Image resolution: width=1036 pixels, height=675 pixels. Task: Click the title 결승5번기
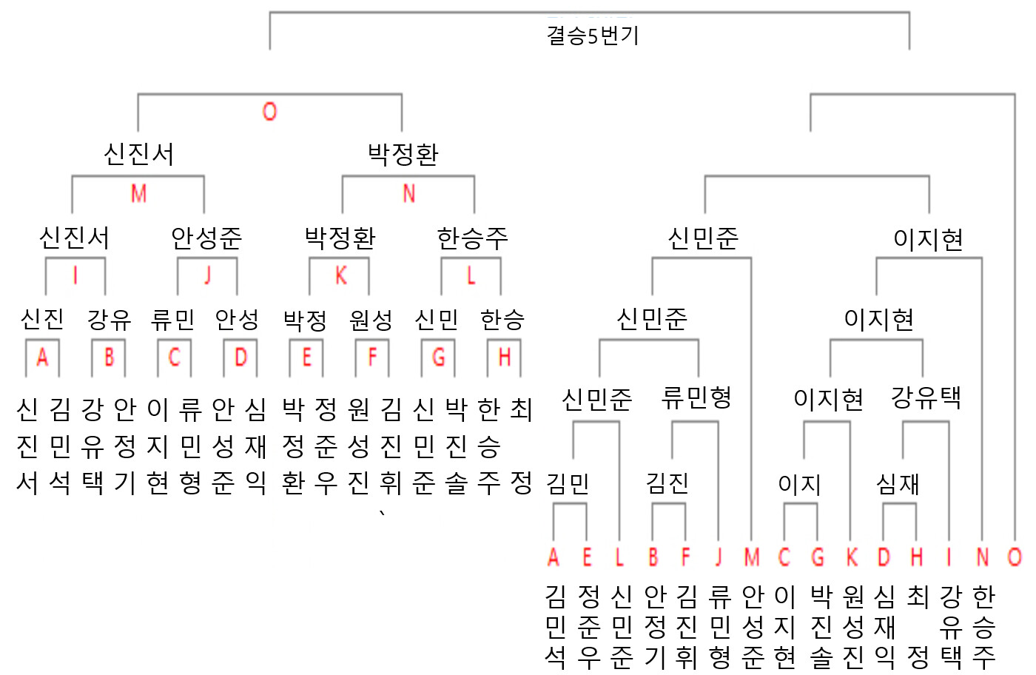pyautogui.click(x=593, y=36)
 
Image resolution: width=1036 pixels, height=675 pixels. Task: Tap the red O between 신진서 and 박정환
pyautogui.click(x=269, y=112)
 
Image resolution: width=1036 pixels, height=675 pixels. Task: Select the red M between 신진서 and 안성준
pyautogui.click(x=139, y=193)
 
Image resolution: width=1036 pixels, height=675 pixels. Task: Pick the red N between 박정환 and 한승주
pyautogui.click(x=408, y=193)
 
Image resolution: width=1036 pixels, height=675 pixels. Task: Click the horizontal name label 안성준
pyautogui.click(x=206, y=238)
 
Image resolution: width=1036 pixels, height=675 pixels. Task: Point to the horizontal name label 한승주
pyautogui.click(x=473, y=238)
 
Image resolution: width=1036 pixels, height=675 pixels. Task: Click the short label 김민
pyautogui.click(x=568, y=484)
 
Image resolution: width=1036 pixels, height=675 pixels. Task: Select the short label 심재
pyautogui.click(x=898, y=484)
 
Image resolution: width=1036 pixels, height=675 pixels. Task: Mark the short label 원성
pyautogui.click(x=371, y=320)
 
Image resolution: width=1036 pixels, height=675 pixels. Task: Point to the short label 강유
pyautogui.click(x=110, y=320)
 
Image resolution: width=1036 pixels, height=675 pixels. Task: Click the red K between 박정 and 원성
pyautogui.click(x=341, y=276)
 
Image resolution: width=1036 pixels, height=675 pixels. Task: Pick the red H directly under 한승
pyautogui.click(x=504, y=357)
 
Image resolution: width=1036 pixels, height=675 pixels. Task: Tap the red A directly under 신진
pyautogui.click(x=43, y=357)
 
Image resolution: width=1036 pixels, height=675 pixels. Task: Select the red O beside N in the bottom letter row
pyautogui.click(x=1015, y=557)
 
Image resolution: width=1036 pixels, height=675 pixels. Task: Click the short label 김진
pyautogui.click(x=667, y=484)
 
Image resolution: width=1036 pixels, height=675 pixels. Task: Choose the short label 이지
pyautogui.click(x=799, y=484)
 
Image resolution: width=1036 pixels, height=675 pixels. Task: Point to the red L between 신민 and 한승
pyautogui.click(x=471, y=276)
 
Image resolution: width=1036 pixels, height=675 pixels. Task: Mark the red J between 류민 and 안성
pyautogui.click(x=208, y=276)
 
